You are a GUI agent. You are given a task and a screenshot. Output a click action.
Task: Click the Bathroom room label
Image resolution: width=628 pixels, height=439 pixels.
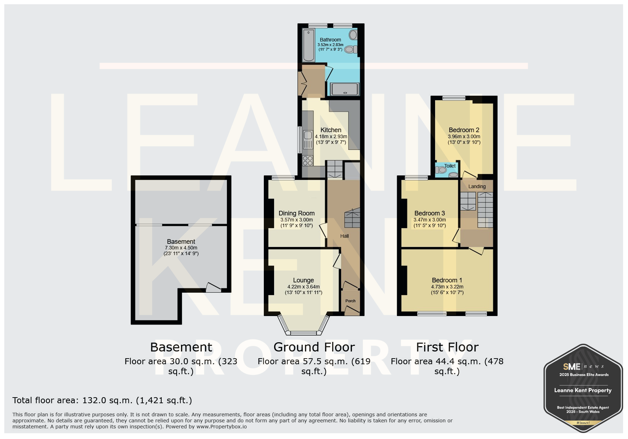pos(330,40)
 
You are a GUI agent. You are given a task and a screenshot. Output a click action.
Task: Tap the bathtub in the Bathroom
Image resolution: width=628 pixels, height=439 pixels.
pos(308,45)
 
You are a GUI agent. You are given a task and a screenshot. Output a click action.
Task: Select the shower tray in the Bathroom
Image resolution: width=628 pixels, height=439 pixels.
pos(345,89)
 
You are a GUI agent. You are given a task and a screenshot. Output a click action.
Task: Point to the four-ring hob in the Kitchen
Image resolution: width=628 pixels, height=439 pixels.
pos(307,161)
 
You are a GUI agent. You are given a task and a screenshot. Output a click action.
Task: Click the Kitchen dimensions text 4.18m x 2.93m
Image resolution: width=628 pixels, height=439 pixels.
pos(331,136)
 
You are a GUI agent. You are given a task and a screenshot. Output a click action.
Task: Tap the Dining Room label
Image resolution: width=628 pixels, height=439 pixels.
pos(296,213)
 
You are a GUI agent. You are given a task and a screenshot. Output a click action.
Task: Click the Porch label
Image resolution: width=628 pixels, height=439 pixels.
pos(350,301)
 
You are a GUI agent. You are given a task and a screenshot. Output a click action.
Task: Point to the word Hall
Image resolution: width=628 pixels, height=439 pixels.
pos(344,236)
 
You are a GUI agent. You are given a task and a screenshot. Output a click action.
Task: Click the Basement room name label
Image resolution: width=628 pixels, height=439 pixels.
pos(181,242)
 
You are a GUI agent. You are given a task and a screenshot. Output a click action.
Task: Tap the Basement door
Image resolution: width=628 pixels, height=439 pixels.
pos(213,287)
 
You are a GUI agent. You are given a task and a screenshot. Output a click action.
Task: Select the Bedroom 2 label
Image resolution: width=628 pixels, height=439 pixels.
pos(464,130)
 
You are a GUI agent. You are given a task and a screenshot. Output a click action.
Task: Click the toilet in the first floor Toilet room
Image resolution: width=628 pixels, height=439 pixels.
pos(440,170)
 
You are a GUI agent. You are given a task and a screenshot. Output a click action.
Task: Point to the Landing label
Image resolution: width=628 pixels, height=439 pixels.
pos(477,186)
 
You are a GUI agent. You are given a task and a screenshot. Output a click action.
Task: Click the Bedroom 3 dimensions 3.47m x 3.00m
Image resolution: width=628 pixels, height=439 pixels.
pos(429,220)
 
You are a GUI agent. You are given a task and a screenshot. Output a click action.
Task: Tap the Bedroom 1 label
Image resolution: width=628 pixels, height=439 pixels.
pos(447,280)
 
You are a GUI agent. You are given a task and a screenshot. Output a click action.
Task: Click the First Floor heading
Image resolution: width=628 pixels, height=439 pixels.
pos(447,347)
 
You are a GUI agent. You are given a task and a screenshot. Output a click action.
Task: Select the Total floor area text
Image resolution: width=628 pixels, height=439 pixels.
pos(102,400)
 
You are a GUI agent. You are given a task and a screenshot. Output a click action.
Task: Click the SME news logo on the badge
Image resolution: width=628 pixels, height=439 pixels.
pos(583,366)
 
